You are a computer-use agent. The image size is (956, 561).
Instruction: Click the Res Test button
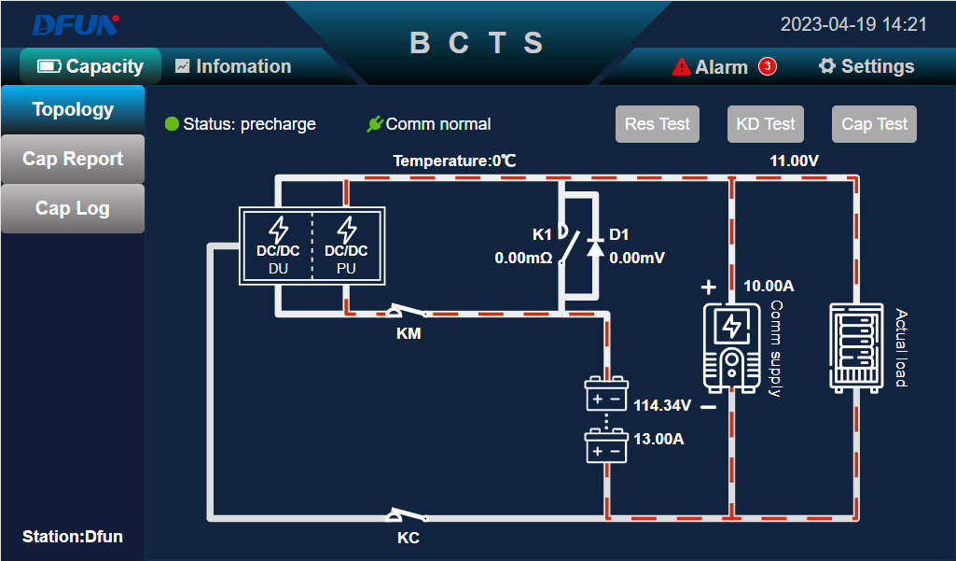click(x=657, y=124)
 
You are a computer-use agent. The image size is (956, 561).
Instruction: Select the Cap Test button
click(x=874, y=124)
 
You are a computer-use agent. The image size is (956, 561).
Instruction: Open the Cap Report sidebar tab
click(x=73, y=159)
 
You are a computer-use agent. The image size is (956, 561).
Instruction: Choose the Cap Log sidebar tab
click(x=73, y=208)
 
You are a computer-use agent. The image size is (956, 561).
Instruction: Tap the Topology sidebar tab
click(x=73, y=109)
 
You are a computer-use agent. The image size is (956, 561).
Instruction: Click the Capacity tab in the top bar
click(x=90, y=66)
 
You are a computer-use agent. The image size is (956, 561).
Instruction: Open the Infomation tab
click(x=233, y=66)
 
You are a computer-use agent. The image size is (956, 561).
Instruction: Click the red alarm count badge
click(x=767, y=66)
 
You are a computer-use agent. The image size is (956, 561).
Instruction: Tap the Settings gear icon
click(x=826, y=66)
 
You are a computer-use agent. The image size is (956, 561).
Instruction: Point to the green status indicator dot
click(x=172, y=124)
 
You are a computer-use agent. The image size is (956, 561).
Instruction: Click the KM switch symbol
click(x=408, y=312)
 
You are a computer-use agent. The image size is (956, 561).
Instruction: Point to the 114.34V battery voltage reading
click(x=662, y=406)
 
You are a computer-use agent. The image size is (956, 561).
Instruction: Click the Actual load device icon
click(x=855, y=344)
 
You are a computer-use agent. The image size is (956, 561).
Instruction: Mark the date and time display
click(x=853, y=24)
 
